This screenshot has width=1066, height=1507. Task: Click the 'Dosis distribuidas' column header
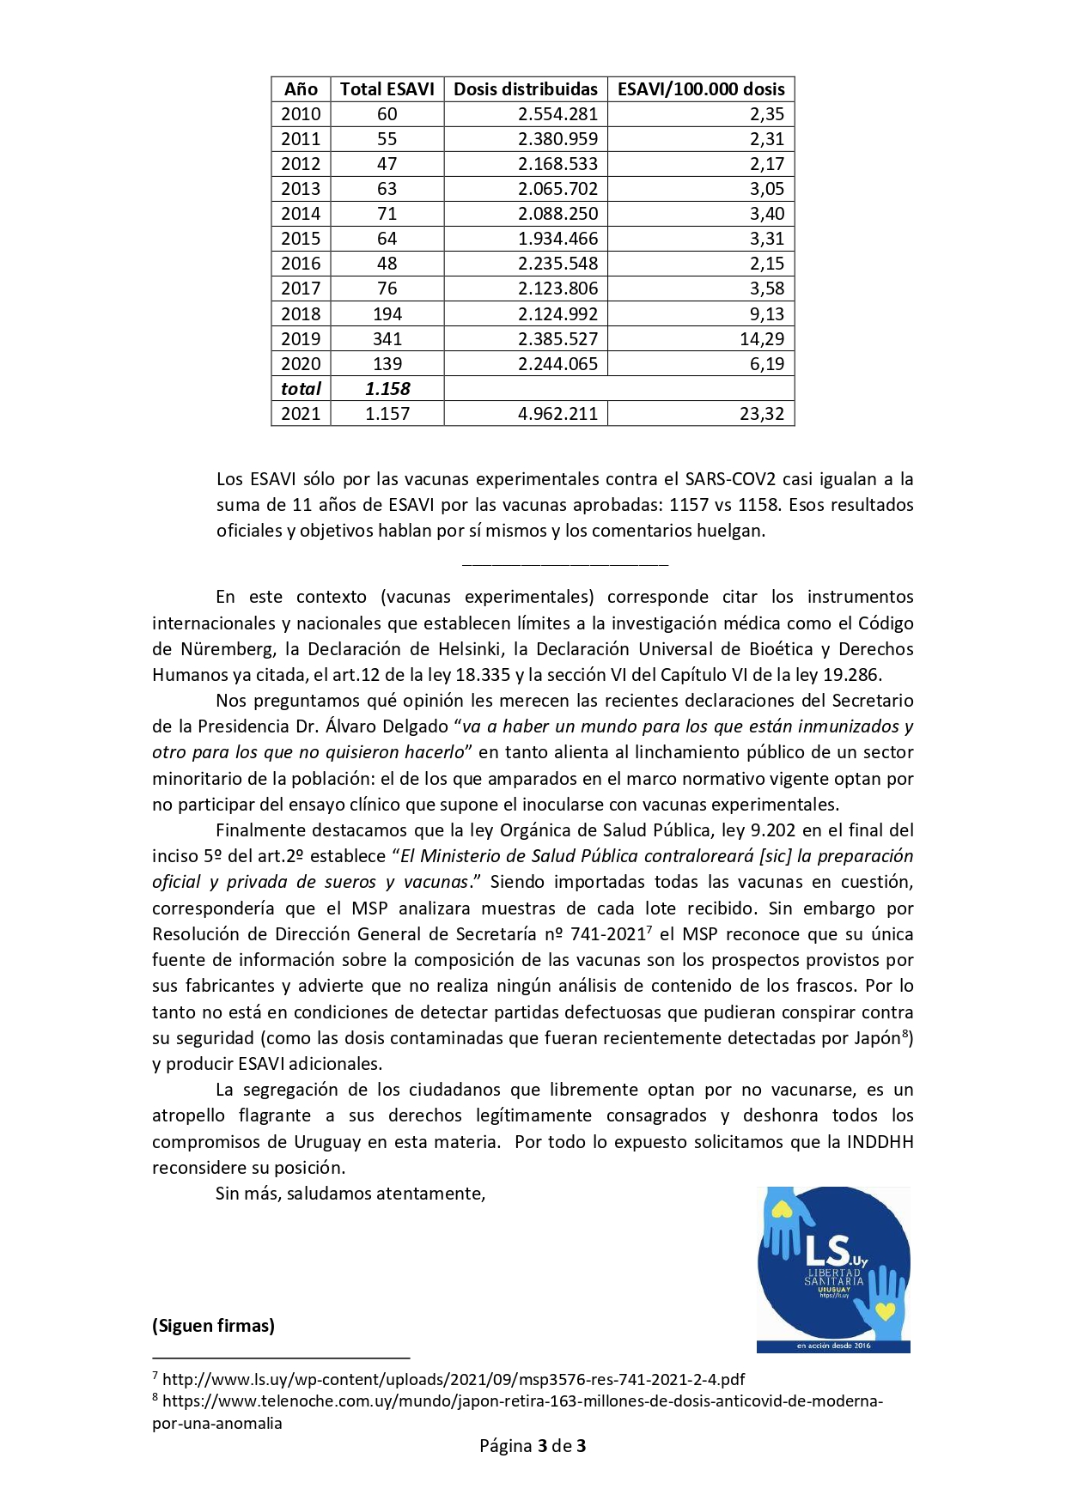coord(525,89)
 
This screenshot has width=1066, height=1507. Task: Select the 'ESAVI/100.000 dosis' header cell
coord(701,89)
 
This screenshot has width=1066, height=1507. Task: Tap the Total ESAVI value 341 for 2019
coord(387,339)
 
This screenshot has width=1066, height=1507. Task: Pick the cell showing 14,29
coord(761,339)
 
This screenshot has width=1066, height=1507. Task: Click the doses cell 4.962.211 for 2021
coord(557,414)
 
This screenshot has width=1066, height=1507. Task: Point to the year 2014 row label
coord(301,214)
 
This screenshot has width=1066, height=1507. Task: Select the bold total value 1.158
coord(387,389)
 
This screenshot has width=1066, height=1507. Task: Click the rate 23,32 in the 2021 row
coord(761,414)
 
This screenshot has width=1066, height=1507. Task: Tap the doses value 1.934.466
coord(557,239)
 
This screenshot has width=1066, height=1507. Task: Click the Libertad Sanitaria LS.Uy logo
coord(832,1268)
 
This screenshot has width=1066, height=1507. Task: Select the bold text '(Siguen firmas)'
coord(213,1326)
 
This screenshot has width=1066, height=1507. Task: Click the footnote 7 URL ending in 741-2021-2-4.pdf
coord(453,1380)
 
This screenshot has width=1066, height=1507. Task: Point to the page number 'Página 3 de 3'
coord(533,1446)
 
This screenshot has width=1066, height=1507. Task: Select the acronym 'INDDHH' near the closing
coord(880,1142)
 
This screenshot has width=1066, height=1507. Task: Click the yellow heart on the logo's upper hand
coord(781,1211)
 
